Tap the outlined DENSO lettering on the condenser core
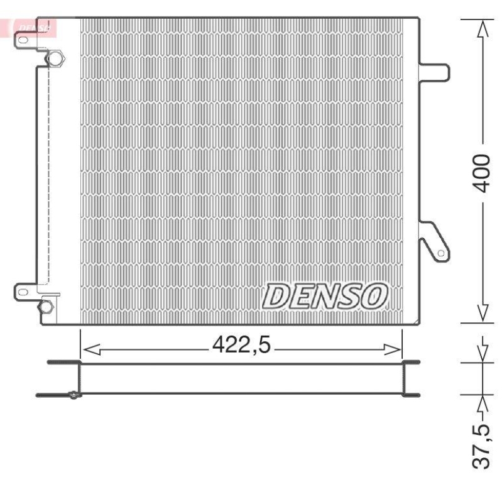324,294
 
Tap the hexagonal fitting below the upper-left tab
55,59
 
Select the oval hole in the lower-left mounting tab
23,292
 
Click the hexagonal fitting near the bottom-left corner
46,307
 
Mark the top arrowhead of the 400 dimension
482,28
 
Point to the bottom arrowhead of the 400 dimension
482,312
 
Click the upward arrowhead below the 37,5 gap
482,403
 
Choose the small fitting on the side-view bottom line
74,395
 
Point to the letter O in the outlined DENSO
373,294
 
